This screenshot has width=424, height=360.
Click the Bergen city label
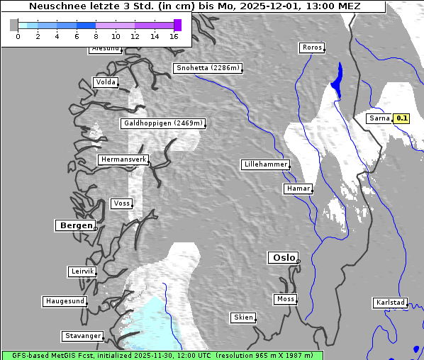pyautogui.click(x=74, y=225)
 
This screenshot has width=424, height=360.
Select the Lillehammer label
pyautogui.click(x=265, y=164)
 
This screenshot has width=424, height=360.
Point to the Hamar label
pyautogui.click(x=297, y=189)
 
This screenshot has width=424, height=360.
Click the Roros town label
pyautogui.click(x=312, y=47)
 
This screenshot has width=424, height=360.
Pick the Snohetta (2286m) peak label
pyautogui.click(x=208, y=68)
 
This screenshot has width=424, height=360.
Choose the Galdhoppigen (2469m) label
pyautogui.click(x=163, y=123)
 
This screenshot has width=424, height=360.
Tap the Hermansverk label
pyautogui.click(x=123, y=159)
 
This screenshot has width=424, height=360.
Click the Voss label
pyautogui.click(x=121, y=203)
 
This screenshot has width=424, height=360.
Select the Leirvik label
pyautogui.click(x=82, y=271)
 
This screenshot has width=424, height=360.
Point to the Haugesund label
pyautogui.click(x=65, y=301)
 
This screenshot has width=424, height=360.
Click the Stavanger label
pyautogui.click(x=82, y=336)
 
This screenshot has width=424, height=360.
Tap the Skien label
pyautogui.click(x=243, y=317)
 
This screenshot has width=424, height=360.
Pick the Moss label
pyautogui.click(x=285, y=299)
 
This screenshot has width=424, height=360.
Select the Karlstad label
pyautogui.click(x=390, y=303)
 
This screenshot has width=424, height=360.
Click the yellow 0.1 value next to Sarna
pyautogui.click(x=402, y=118)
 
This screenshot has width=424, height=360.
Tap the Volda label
pyautogui.click(x=106, y=82)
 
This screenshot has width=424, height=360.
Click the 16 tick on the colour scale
pyautogui.click(x=174, y=36)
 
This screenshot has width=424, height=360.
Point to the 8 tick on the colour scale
pyautogui.click(x=96, y=36)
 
